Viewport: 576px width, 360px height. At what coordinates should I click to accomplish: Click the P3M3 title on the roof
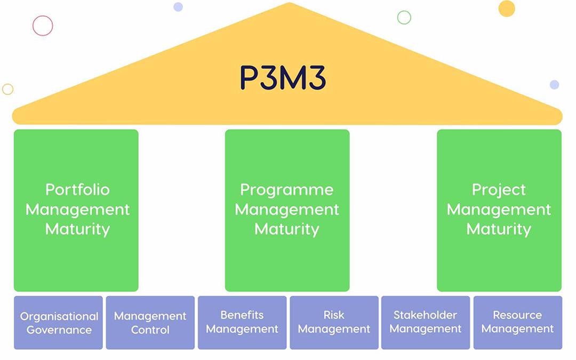282,78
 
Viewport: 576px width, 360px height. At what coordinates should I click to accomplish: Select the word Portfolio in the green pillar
77,190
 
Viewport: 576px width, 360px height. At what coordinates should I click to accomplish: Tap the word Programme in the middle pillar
287,190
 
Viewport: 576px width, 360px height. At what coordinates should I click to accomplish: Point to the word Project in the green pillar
499,190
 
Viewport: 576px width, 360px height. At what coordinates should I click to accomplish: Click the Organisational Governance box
59,323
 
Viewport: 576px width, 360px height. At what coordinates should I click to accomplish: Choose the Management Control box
150,323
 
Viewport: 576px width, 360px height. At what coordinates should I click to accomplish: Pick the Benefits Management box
242,322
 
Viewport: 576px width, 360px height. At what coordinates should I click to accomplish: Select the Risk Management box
334,322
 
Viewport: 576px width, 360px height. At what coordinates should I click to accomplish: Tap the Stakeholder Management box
426,322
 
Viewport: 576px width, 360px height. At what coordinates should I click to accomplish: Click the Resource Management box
517,322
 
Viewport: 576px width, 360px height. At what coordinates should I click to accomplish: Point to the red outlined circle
43,26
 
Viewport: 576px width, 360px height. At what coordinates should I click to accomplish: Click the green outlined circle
404,18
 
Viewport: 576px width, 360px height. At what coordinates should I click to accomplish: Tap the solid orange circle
507,9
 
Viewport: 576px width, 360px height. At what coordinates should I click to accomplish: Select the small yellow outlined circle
7,89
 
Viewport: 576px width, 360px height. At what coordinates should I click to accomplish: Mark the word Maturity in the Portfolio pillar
77,229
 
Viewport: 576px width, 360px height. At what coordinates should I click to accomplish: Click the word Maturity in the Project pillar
499,229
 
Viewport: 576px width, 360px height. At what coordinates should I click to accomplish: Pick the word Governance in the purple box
59,330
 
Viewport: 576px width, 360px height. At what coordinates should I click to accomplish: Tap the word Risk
334,315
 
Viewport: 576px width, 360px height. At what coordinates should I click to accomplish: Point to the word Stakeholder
426,315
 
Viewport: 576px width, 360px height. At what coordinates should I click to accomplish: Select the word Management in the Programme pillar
287,210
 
